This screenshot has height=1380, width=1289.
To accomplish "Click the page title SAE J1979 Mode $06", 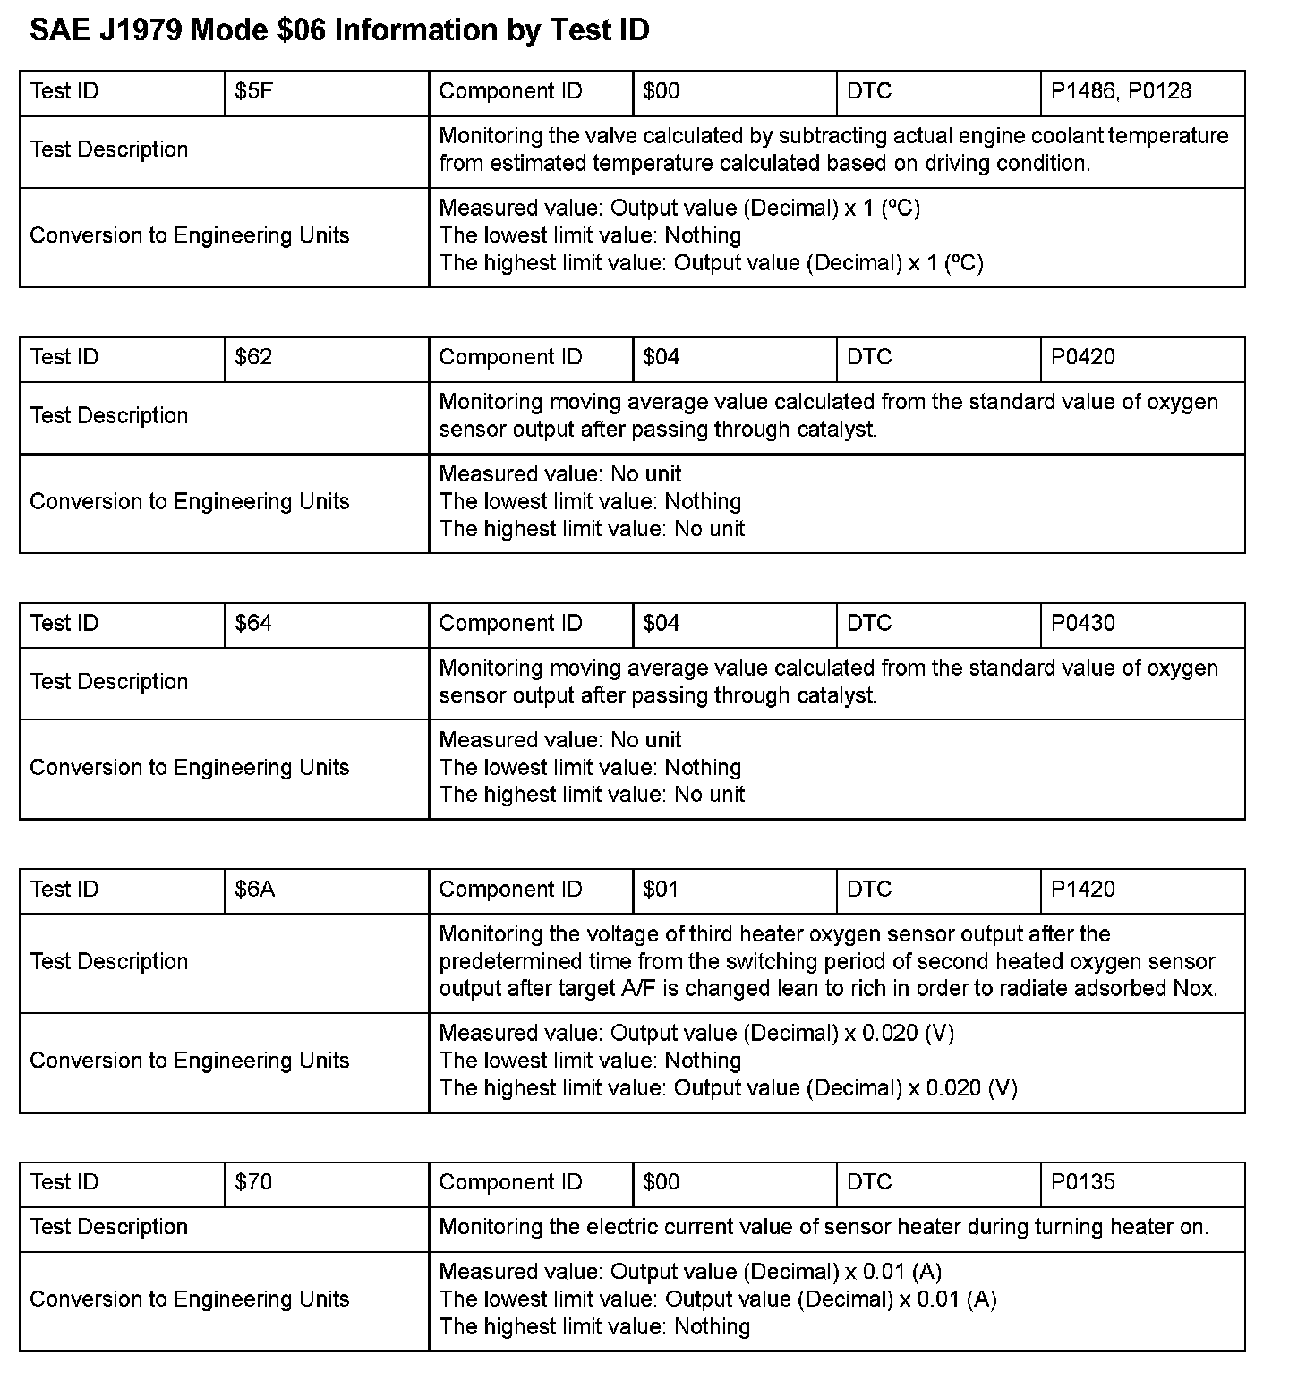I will [x=339, y=30].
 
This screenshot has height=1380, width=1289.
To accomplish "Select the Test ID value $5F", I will [x=253, y=91].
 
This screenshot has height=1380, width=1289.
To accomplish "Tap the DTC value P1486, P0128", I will [x=1121, y=91].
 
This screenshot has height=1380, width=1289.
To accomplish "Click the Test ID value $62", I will [x=253, y=357].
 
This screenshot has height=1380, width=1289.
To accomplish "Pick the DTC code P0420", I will [x=1083, y=357].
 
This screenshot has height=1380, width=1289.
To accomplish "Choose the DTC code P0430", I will [x=1083, y=623].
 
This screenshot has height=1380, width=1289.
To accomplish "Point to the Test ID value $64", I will [x=253, y=623].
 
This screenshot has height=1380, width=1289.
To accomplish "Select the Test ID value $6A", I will [x=255, y=890].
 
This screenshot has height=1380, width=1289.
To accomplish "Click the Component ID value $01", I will [x=661, y=890].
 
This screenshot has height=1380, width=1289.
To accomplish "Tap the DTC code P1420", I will [x=1083, y=890].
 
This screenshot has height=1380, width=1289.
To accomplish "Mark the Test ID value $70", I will [x=253, y=1182].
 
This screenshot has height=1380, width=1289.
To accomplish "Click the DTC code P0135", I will [x=1083, y=1182].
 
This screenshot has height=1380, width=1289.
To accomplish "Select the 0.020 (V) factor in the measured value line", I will [x=908, y=1034].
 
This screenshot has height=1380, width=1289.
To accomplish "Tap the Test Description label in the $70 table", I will [x=109, y=1227].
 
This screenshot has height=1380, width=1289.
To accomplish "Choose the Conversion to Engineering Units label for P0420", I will [x=189, y=501].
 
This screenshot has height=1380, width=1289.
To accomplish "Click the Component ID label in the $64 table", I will [x=510, y=623].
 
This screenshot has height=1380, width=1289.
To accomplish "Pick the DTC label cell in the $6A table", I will [x=869, y=890].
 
